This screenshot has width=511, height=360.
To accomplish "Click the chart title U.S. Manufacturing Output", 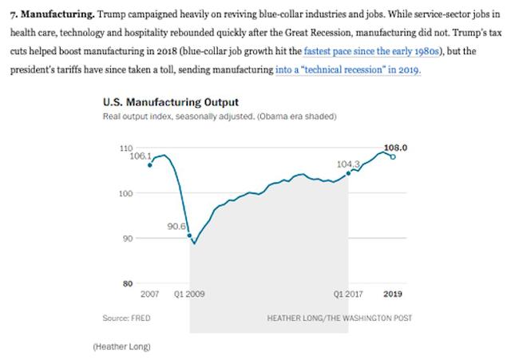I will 171,102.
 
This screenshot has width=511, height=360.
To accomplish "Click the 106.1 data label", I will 139,156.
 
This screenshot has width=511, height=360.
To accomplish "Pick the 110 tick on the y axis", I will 126,148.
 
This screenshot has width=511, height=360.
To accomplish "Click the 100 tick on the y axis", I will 126,193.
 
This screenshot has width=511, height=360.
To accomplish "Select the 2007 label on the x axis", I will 149,295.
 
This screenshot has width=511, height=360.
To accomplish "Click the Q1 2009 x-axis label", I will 189,295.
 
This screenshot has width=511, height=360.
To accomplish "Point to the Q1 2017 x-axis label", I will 348,295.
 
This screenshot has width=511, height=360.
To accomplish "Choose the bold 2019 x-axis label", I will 393,295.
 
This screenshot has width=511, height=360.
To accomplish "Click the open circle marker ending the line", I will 392,156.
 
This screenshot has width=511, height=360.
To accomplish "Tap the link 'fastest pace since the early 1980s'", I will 366,52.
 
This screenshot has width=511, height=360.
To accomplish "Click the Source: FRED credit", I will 126,318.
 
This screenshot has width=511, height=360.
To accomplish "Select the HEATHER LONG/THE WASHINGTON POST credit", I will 339,318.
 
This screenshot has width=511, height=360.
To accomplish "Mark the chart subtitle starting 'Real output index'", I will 220,117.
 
